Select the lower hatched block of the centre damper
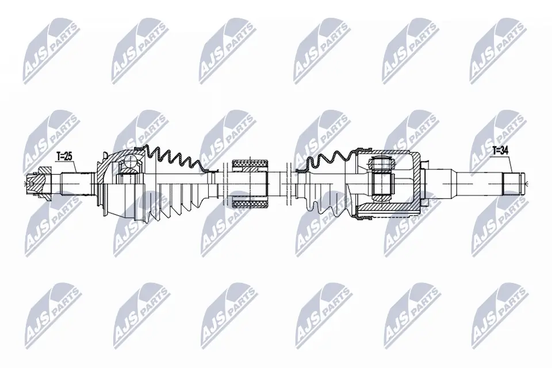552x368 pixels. (249, 202)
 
